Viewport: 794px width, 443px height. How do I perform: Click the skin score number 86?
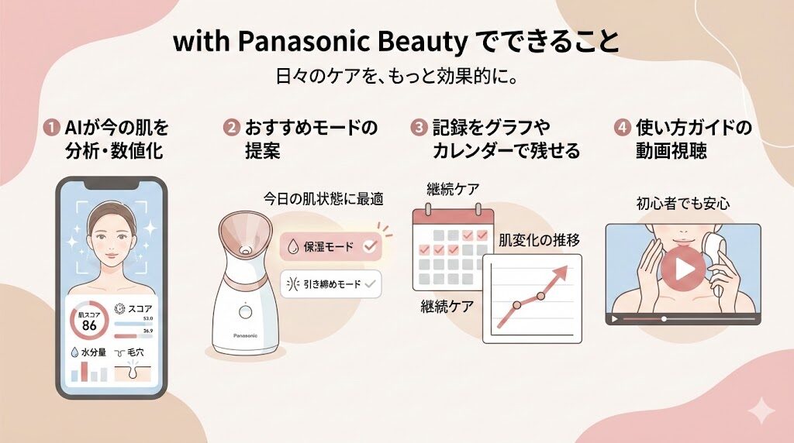point(89,326)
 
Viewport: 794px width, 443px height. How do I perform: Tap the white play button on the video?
point(683,269)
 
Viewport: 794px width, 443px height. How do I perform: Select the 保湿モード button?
point(329,247)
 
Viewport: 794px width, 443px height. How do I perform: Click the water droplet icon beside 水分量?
point(74,352)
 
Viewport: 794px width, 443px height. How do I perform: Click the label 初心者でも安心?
point(682,204)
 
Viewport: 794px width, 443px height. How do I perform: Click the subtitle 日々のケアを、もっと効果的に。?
point(396,78)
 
